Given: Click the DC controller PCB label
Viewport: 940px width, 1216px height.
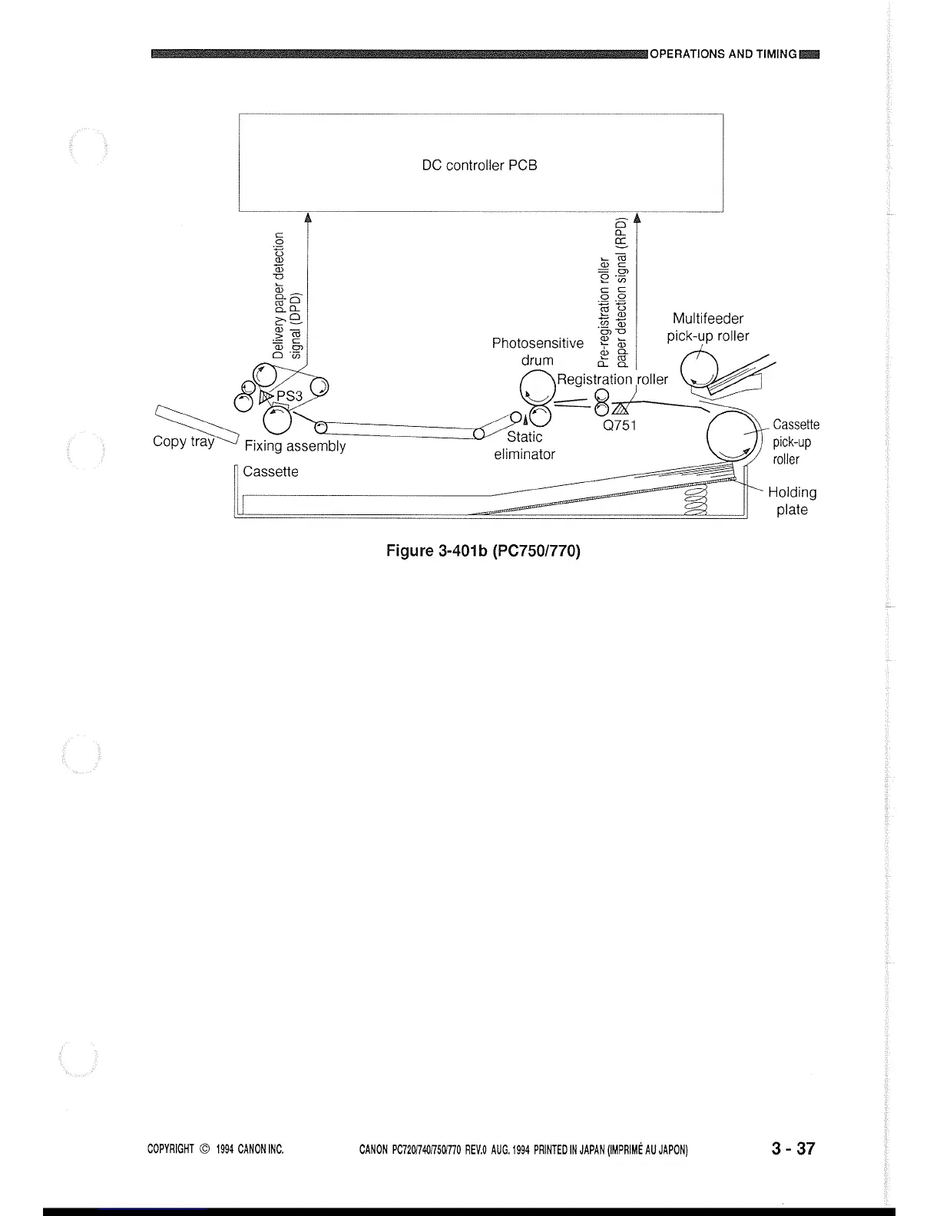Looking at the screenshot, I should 479,165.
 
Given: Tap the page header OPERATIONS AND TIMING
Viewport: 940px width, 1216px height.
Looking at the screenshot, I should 723,54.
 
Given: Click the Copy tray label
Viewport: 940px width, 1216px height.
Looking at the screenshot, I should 183,441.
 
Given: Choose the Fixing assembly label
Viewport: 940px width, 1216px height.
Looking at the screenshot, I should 295,446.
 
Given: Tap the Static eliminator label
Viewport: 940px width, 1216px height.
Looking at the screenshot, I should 525,445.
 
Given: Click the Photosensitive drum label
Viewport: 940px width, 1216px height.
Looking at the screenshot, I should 538,352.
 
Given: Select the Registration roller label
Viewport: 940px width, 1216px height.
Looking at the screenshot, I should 612,379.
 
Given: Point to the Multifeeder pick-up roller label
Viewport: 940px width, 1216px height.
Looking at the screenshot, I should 707,327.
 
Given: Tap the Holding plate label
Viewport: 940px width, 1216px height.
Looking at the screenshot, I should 792,501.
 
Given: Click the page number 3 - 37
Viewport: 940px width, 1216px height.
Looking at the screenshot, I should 794,1148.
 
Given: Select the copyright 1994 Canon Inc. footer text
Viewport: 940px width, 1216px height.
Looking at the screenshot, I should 216,1150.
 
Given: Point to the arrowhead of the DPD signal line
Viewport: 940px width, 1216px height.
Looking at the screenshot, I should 308,217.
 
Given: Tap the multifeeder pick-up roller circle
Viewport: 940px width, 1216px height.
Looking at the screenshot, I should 700,366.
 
